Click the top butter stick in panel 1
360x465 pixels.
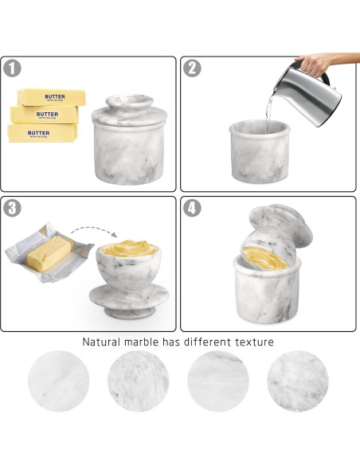pos(51,96)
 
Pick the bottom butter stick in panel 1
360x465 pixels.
pos(42,132)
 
